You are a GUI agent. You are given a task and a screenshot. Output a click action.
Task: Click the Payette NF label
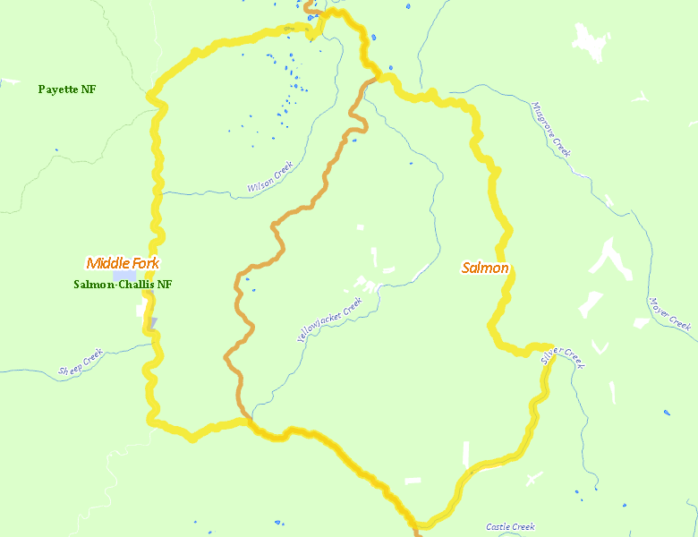[x=67, y=89]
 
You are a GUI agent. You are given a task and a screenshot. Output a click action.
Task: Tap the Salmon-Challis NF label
[x=123, y=285]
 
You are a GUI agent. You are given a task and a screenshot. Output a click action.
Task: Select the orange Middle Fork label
[x=123, y=263]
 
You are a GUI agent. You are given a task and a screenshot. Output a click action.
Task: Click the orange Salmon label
[x=485, y=268]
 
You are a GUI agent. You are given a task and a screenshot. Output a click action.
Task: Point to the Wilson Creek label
[x=270, y=177]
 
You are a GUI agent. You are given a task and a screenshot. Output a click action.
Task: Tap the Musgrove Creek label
[x=550, y=129]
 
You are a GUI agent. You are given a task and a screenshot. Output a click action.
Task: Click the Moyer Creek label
[x=671, y=313]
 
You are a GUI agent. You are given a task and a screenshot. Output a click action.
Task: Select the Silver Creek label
[x=562, y=354]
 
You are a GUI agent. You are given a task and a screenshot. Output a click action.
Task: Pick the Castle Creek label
[x=510, y=527]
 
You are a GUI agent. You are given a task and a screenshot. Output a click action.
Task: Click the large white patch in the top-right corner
[x=589, y=42]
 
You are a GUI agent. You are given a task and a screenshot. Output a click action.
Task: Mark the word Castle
[x=498, y=527]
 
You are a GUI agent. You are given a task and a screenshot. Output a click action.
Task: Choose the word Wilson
[x=260, y=183]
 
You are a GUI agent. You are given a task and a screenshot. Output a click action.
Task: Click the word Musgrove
[x=543, y=119]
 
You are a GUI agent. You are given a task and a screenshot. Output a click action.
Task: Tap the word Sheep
[x=69, y=367]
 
